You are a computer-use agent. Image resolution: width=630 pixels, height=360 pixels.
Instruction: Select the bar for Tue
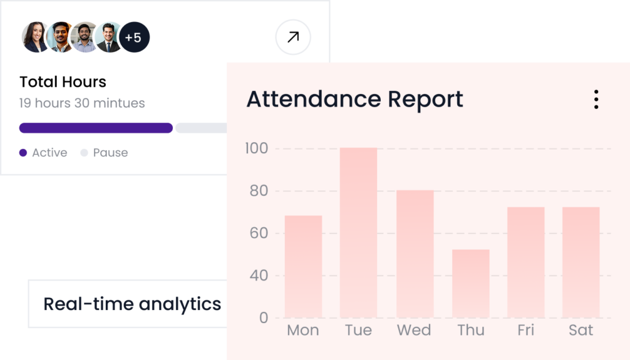(x=358, y=233)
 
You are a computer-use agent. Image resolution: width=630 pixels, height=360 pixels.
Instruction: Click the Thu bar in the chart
(x=471, y=283)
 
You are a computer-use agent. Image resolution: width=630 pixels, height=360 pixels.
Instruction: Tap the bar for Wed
(x=415, y=254)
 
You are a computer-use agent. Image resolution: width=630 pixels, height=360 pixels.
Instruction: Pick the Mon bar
(x=303, y=266)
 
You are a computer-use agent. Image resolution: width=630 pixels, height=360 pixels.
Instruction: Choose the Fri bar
(x=526, y=262)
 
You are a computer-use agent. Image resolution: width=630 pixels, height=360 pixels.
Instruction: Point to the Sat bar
(x=581, y=262)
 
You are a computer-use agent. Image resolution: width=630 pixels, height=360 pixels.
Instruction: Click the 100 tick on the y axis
(x=256, y=148)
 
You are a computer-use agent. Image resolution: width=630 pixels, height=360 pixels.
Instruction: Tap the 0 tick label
(x=264, y=318)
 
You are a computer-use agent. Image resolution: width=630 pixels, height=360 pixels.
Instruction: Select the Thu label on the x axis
(x=471, y=330)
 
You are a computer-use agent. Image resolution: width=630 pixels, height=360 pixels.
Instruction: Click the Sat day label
(x=581, y=330)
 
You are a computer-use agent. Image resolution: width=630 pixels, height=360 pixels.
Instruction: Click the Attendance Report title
(x=354, y=99)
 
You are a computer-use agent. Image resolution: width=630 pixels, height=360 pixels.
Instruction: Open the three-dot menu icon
(x=596, y=99)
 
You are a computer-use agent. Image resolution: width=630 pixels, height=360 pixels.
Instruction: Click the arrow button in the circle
(x=293, y=38)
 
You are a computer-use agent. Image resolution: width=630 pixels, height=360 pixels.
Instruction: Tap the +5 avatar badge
(x=134, y=38)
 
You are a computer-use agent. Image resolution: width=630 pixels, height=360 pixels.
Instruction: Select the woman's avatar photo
(x=35, y=38)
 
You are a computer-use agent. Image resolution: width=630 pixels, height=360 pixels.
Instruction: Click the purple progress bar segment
(x=95, y=128)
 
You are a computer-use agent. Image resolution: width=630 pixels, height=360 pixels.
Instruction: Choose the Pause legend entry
(x=104, y=153)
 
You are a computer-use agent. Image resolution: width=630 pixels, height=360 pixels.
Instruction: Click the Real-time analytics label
(x=132, y=304)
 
